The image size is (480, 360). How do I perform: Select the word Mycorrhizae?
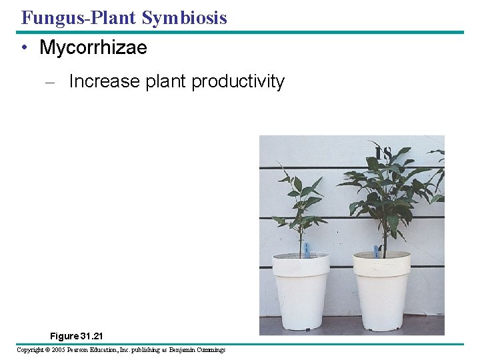(x=93, y=48)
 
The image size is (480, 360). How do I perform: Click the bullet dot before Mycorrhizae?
(x=24, y=48)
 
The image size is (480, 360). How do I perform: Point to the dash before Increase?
(x=48, y=82)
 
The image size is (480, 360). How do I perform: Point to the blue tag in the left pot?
(x=306, y=249)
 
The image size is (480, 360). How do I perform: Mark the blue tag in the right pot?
(x=377, y=251)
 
